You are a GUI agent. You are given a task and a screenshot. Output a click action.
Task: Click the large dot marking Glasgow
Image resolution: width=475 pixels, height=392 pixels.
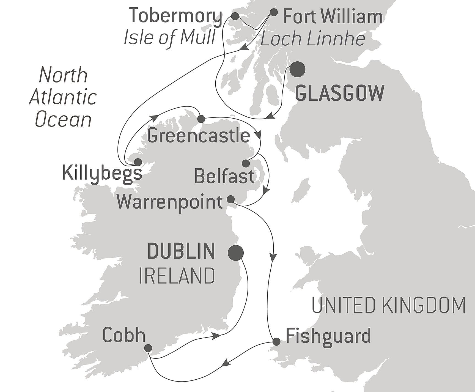tap(298, 69)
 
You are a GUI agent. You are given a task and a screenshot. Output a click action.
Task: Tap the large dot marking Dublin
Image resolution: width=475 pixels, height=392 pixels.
tap(236, 253)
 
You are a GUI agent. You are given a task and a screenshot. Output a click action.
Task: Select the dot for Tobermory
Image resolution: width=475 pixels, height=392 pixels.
tap(235, 16)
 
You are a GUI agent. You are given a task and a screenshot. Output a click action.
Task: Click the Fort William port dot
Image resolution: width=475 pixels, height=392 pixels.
tap(273, 12)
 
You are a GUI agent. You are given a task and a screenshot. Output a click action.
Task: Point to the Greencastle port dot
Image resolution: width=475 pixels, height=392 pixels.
tap(201, 119)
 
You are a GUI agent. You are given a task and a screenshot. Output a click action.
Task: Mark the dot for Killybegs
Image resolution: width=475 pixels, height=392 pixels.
tap(138, 162)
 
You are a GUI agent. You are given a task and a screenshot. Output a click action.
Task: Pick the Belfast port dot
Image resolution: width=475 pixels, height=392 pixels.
tap(246, 163)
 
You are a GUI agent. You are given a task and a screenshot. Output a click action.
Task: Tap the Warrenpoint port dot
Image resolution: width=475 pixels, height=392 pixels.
tap(230, 199)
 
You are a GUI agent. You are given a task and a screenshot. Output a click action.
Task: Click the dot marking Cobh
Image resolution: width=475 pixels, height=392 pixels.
tap(148, 348)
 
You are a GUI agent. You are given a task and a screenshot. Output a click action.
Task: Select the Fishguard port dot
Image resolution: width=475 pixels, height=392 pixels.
tap(276, 342)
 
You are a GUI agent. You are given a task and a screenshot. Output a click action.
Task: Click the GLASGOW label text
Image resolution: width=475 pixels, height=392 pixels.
tap(339, 94)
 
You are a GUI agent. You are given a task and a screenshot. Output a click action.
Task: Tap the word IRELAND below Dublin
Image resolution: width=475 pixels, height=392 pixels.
tap(177, 276)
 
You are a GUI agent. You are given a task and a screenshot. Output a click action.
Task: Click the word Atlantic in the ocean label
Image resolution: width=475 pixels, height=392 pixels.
tap(63, 97)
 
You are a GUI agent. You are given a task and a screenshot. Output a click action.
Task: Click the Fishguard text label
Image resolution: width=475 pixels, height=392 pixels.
tap(328, 336)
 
